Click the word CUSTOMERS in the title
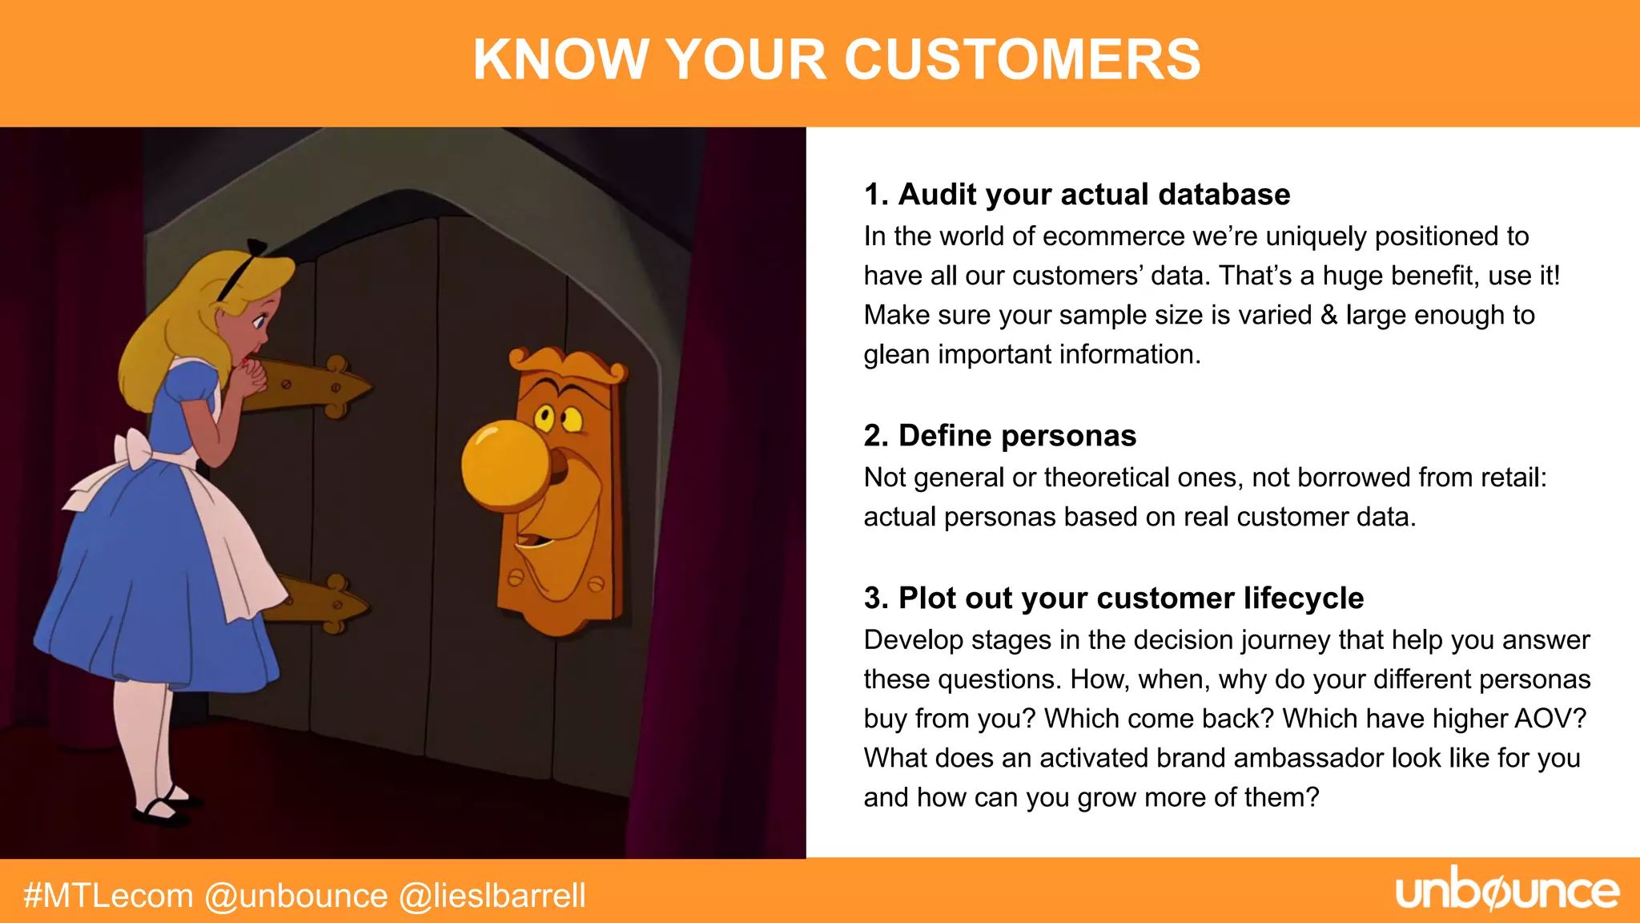point(1023,59)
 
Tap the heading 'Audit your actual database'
point(1077,195)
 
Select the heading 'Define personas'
point(1000,436)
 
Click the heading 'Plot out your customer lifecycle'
point(1114,599)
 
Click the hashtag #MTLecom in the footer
point(108,896)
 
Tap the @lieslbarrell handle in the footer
point(492,896)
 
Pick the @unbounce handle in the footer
point(296,896)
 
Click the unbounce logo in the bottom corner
point(1507,891)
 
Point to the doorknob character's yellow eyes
point(558,417)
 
